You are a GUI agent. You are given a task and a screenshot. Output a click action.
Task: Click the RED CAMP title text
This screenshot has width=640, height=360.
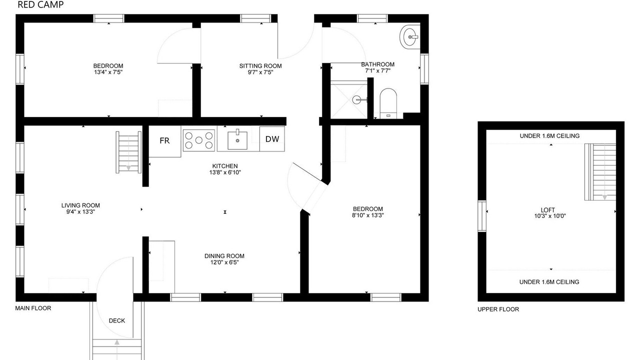40,4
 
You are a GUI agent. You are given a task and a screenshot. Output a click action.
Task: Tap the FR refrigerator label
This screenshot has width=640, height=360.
164,140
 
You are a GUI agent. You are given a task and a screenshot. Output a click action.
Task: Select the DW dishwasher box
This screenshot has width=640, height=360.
272,139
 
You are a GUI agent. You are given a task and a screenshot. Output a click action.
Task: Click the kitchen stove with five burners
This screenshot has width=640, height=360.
199,140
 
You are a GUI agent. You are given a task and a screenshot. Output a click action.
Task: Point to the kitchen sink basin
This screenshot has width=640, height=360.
237,140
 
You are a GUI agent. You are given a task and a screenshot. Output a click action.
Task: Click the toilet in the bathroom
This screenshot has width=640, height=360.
388,103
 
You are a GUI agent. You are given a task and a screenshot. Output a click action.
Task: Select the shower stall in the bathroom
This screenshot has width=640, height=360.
349,99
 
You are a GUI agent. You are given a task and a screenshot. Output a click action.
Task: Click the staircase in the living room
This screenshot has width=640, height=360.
128,152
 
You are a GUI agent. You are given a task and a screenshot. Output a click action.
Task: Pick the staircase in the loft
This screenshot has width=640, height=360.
600,172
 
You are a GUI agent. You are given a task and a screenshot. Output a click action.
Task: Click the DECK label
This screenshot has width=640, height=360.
117,320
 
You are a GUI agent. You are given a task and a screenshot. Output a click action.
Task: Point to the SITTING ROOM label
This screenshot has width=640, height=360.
260,65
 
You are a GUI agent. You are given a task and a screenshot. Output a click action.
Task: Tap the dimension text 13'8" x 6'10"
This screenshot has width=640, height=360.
225,172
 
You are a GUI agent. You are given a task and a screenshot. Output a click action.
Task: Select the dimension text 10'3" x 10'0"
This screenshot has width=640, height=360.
550,216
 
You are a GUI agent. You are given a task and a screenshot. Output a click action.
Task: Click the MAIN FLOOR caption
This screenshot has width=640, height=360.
33,308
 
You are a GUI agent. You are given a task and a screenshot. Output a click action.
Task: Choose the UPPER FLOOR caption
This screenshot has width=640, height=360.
498,309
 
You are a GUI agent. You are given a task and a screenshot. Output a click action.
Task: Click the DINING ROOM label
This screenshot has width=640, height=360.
224,256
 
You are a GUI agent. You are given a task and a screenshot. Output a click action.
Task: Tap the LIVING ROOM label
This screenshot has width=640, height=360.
80,205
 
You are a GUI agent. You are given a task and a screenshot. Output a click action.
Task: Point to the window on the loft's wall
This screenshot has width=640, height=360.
482,216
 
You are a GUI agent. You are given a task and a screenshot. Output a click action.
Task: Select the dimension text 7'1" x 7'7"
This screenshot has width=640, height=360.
377,71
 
